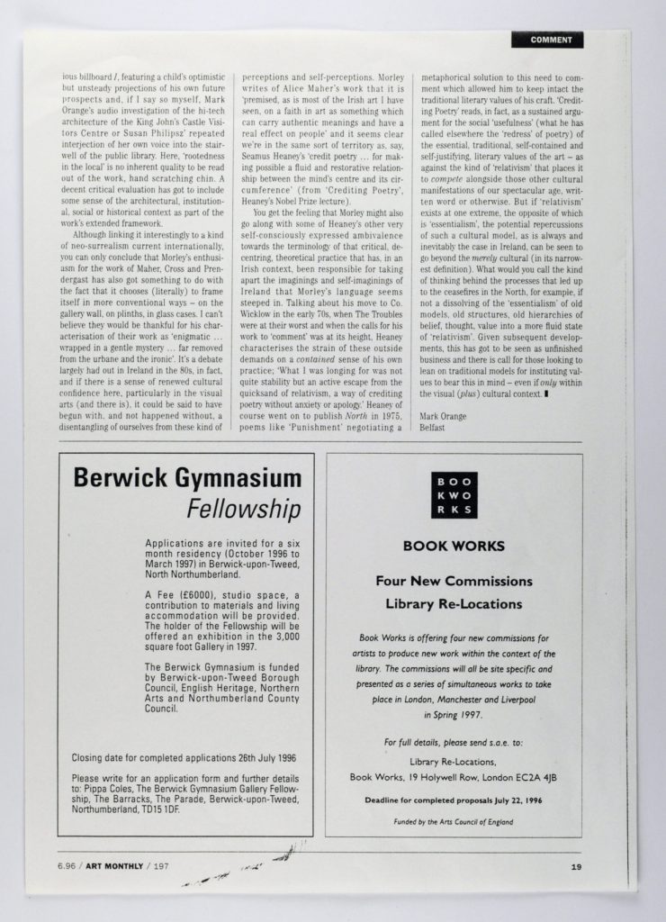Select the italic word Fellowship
[243, 511]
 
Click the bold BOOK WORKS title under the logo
[453, 546]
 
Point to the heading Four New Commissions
[454, 581]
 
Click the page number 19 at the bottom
[575, 867]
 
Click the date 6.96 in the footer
[65, 867]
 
